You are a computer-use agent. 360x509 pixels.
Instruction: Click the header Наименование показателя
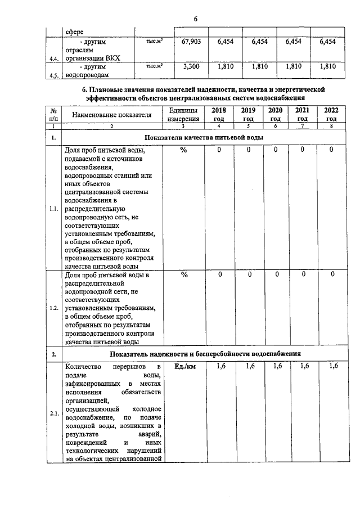point(111,115)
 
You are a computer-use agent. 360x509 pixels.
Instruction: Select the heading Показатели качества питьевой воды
point(203,138)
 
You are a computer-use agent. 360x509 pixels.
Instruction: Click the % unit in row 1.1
point(183,150)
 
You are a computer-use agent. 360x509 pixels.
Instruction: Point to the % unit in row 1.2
point(183,275)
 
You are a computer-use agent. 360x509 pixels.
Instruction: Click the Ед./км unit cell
point(183,367)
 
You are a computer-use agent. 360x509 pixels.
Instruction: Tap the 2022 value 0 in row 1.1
point(331,150)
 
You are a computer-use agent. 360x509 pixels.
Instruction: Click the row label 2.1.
point(54,415)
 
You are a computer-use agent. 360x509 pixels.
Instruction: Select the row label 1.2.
point(54,308)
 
